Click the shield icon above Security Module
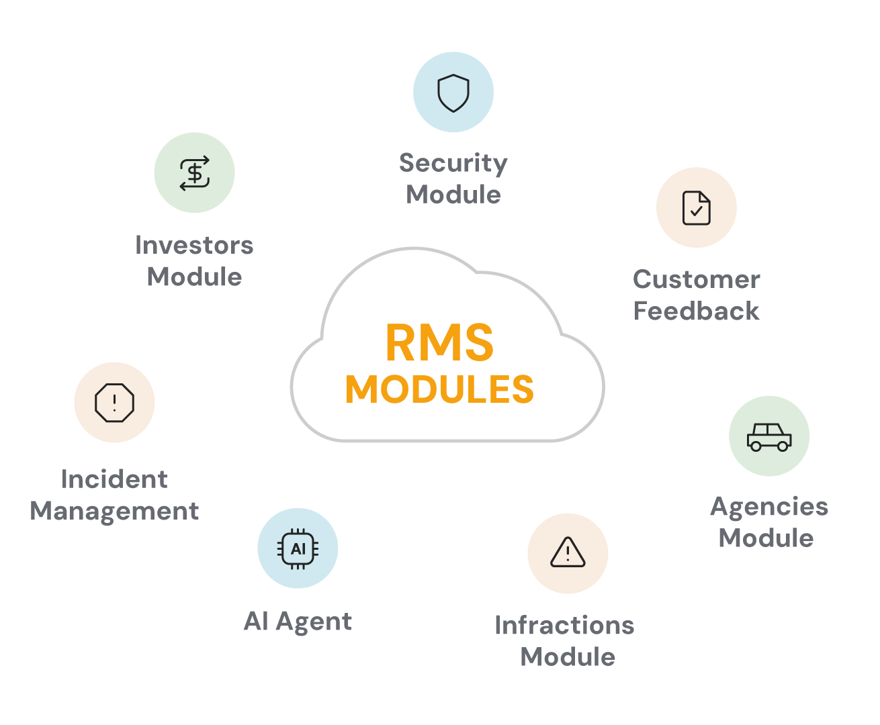453,93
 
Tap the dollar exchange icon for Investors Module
194,173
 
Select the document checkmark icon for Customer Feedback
696,207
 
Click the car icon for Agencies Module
769,437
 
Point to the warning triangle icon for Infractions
568,552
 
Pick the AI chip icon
298,548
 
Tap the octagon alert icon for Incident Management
114,402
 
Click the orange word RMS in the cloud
439,342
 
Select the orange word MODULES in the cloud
439,389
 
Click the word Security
453,163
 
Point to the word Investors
194,245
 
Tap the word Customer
696,279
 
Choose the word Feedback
696,311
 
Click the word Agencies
769,507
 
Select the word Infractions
564,625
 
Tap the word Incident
114,479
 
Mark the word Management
114,512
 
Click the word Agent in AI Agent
314,622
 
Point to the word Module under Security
453,195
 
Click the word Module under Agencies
766,538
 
